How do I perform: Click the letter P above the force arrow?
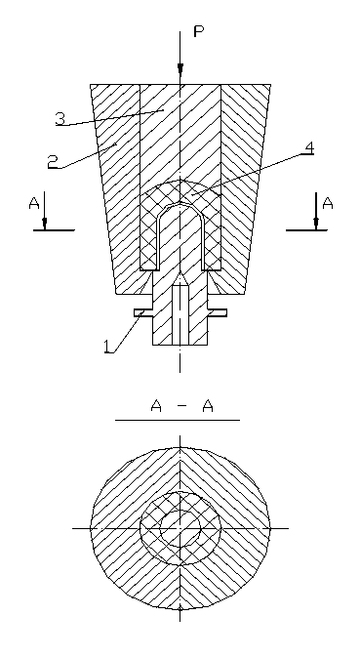[x=198, y=32]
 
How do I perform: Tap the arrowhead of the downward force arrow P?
[x=180, y=69]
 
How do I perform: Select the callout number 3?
[x=60, y=119]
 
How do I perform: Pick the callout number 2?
[x=53, y=161]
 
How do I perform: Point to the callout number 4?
[x=309, y=148]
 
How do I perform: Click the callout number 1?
[x=109, y=347]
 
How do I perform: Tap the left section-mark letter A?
[x=34, y=203]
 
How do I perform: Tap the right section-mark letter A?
[x=328, y=203]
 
